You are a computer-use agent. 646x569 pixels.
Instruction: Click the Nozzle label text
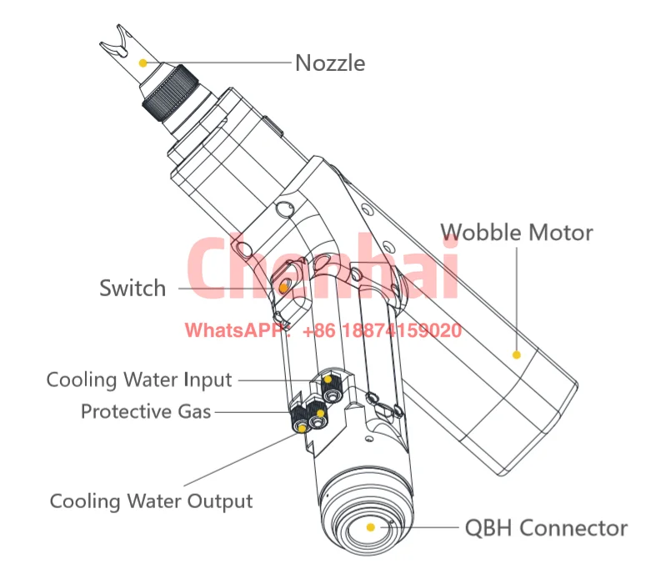330,63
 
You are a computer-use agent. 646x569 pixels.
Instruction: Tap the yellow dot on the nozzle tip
143,62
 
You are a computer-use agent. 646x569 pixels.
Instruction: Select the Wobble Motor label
516,232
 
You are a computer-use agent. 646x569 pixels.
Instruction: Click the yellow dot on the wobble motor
516,355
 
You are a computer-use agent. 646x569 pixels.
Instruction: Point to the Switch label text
133,289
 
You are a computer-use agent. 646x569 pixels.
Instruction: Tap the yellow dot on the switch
283,287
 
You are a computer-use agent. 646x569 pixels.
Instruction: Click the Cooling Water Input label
138,380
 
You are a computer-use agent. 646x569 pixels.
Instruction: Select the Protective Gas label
146,411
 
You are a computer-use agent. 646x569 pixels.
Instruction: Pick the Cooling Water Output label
151,501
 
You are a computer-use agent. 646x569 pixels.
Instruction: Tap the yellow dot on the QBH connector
371,527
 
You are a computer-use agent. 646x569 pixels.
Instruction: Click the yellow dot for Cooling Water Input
328,380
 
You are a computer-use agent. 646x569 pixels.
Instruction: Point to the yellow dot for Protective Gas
319,411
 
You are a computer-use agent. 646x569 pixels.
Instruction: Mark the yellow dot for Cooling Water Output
302,427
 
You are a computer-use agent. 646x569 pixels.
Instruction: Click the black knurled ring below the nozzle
170,93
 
